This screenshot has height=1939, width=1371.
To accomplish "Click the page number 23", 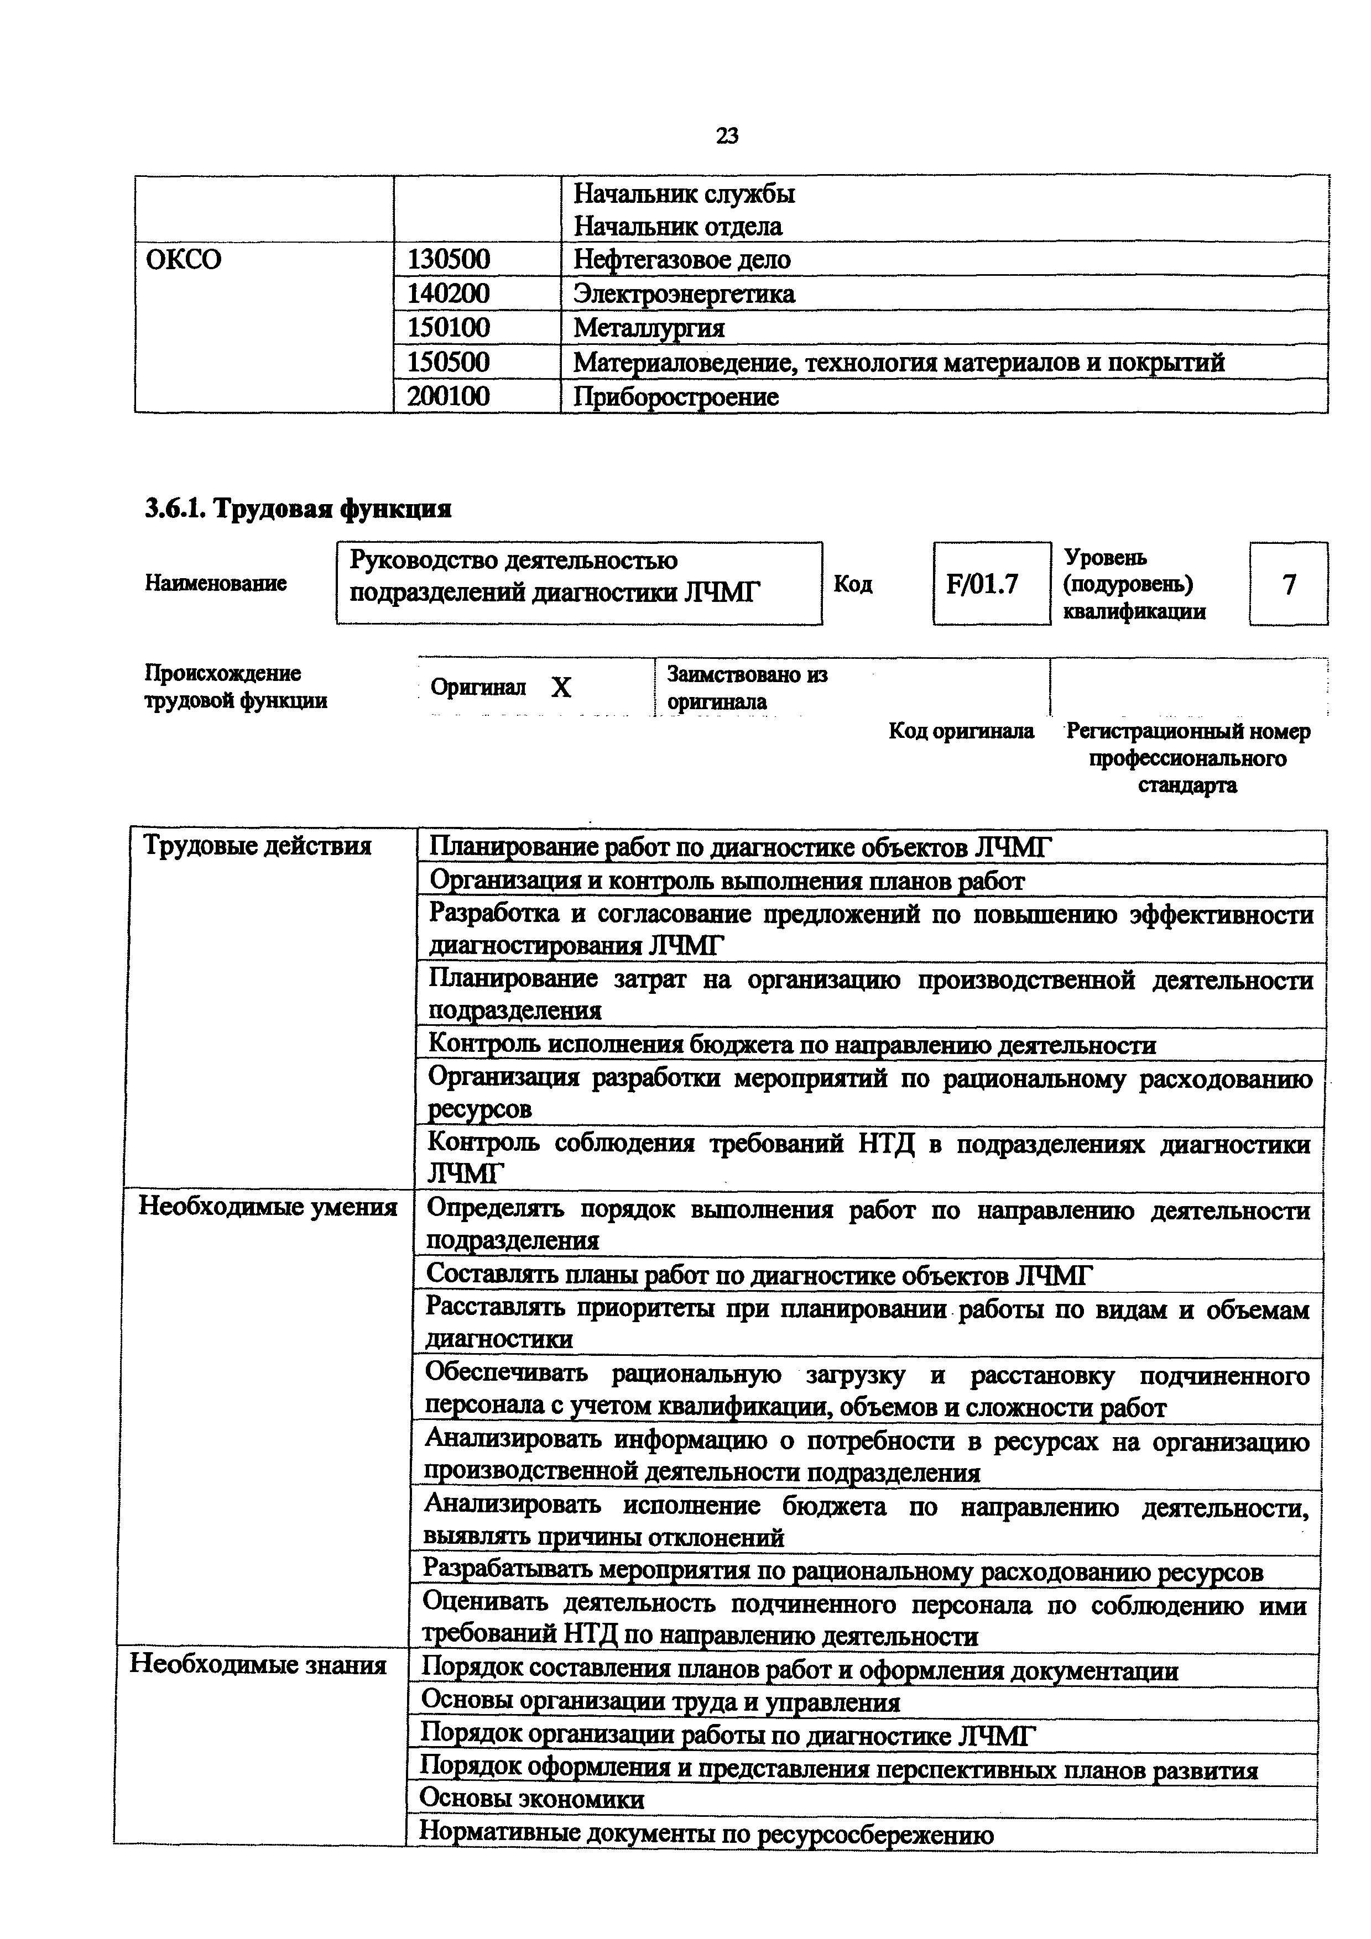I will pyautogui.click(x=727, y=135).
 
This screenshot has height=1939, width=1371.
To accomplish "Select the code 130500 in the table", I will pyautogui.click(x=448, y=259).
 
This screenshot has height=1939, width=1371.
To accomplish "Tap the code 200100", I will pyautogui.click(x=448, y=396).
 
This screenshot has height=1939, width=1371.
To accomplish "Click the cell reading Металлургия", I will pyautogui.click(x=649, y=328).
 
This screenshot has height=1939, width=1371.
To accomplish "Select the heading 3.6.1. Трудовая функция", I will pyautogui.click(x=298, y=509).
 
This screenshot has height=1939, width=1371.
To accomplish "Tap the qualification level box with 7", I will pyautogui.click(x=1288, y=584).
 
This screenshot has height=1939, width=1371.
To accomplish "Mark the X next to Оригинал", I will pyautogui.click(x=561, y=688).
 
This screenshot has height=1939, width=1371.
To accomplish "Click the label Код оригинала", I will pyautogui.click(x=961, y=731).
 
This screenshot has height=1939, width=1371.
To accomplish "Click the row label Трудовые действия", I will pyautogui.click(x=257, y=845).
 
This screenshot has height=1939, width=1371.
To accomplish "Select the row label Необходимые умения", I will pyautogui.click(x=267, y=1207).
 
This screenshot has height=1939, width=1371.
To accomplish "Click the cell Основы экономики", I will pyautogui.click(x=531, y=1799).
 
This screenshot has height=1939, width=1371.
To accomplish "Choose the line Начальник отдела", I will pyautogui.click(x=677, y=226).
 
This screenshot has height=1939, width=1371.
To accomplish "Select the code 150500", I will pyautogui.click(x=448, y=362).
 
